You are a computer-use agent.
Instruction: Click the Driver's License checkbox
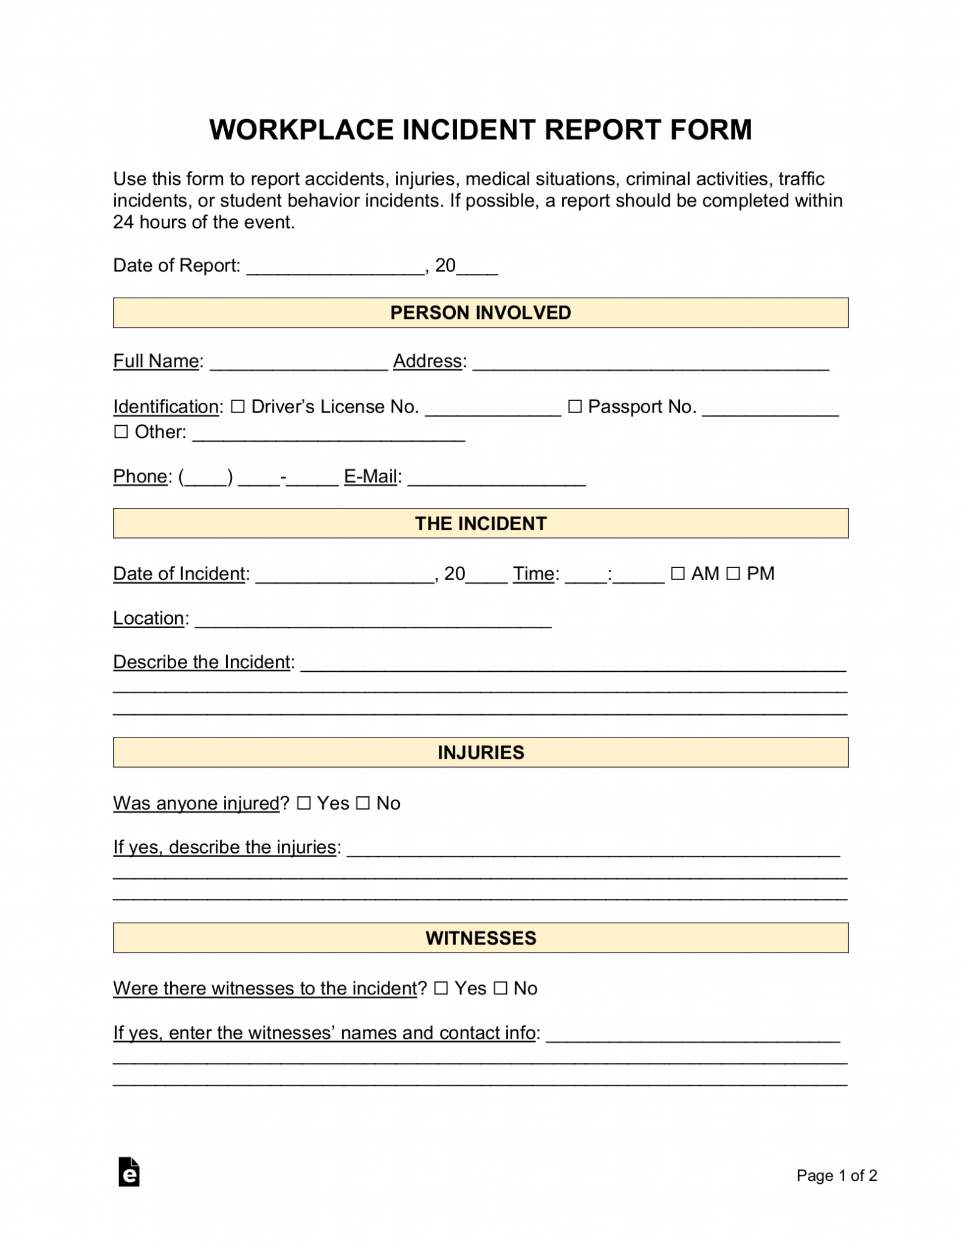point(238,406)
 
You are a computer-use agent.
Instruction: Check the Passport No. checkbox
point(574,406)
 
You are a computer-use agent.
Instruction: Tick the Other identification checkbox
point(122,432)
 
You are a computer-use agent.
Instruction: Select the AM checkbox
point(678,573)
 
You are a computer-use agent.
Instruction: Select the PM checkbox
point(733,573)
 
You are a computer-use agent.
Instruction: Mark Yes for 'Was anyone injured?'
point(304,803)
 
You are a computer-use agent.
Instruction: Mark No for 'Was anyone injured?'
point(363,803)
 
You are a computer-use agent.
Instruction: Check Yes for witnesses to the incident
point(441,988)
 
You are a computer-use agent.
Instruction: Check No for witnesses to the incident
point(500,988)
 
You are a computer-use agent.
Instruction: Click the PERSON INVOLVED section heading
point(480,313)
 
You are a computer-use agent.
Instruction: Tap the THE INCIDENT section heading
point(480,524)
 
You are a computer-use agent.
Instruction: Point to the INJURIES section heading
point(480,753)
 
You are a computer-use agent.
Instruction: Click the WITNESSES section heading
point(480,938)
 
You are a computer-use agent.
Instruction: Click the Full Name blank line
point(298,364)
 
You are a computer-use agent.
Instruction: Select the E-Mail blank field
point(496,480)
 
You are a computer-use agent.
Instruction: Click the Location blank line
point(373,621)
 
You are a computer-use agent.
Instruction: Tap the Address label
point(427,361)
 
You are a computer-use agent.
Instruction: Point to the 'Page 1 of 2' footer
point(836,1175)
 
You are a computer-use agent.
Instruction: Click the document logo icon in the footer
point(129,1172)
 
